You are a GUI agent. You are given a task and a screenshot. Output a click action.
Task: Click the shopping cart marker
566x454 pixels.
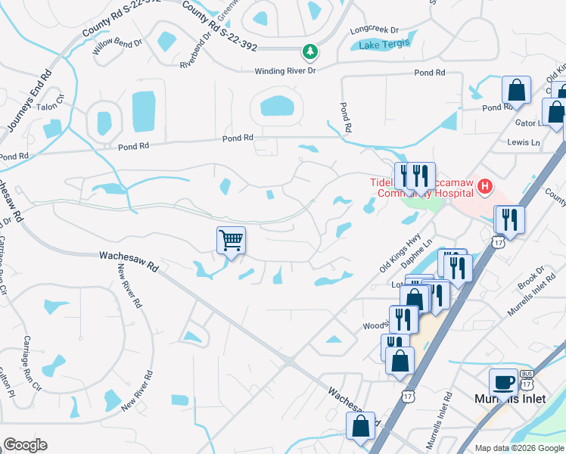(x=232, y=241)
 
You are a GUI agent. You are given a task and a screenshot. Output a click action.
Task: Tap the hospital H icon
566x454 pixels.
(x=485, y=185)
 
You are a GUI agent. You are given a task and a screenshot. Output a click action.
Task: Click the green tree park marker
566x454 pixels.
(x=309, y=51)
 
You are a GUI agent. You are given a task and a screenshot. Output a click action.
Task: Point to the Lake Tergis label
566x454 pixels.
(x=381, y=45)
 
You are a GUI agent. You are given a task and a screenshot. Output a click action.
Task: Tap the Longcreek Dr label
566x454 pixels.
(x=374, y=30)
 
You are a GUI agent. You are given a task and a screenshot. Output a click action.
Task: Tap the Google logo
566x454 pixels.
(x=24, y=445)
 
